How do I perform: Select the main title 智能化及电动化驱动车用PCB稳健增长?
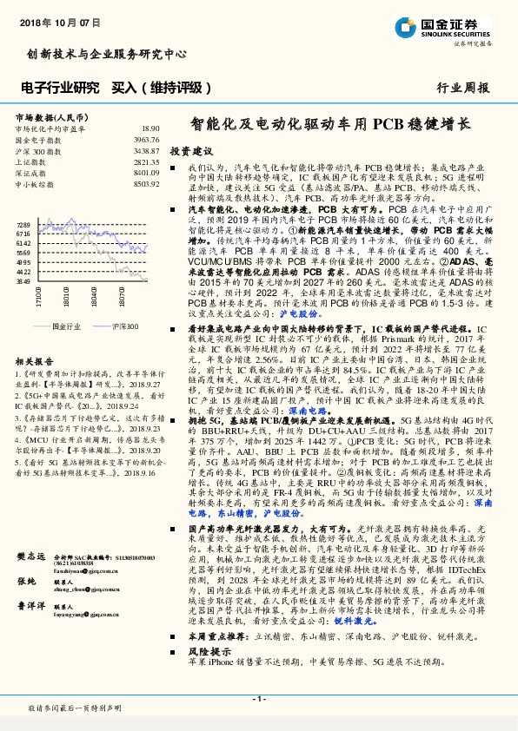pos(331,125)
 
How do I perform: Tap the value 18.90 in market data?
pos(150,128)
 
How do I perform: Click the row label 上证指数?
pos(31,161)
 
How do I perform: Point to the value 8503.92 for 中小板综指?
pos(147,184)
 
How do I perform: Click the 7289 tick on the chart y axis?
pos(23,225)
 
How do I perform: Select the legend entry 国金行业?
pos(66,325)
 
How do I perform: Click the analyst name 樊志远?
pos(30,556)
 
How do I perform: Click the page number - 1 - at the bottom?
pos(258,699)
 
